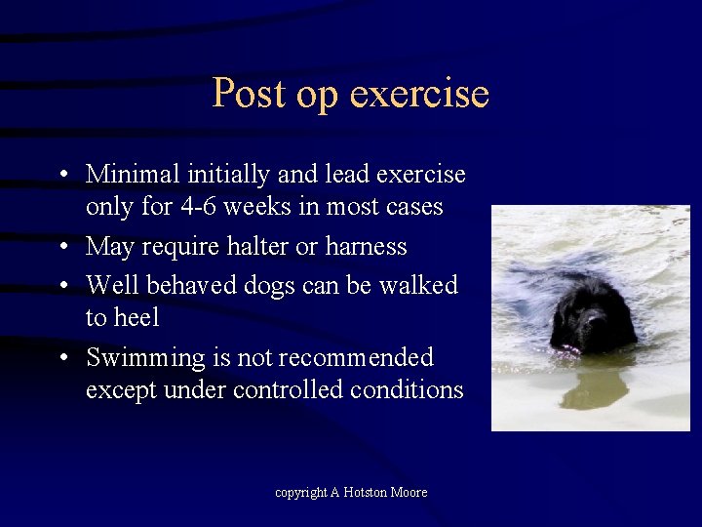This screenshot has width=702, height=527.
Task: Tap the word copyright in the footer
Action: tap(300, 493)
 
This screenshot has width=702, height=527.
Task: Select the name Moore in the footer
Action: tap(409, 493)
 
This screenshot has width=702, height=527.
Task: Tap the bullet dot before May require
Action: tap(61, 247)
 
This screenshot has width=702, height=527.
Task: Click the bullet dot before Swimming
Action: tap(61, 358)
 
